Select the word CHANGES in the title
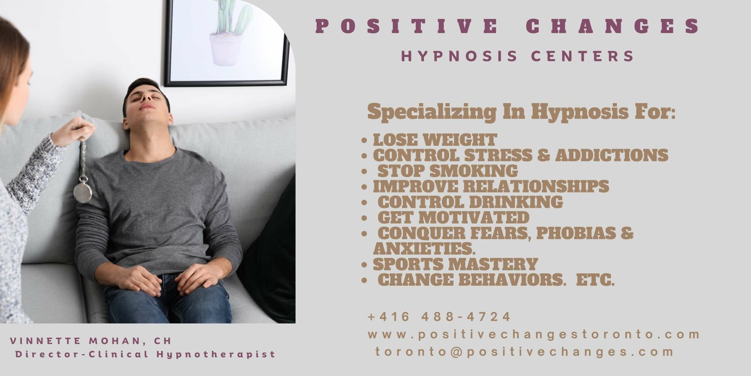point(613,26)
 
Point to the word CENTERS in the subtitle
point(582,56)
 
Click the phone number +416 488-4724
point(439,317)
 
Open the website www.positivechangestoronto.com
point(534,335)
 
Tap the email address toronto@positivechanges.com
point(525,352)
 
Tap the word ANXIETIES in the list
point(424,249)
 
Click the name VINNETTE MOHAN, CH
point(91,341)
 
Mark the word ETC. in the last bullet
point(596,280)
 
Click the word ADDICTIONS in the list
point(612,156)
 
